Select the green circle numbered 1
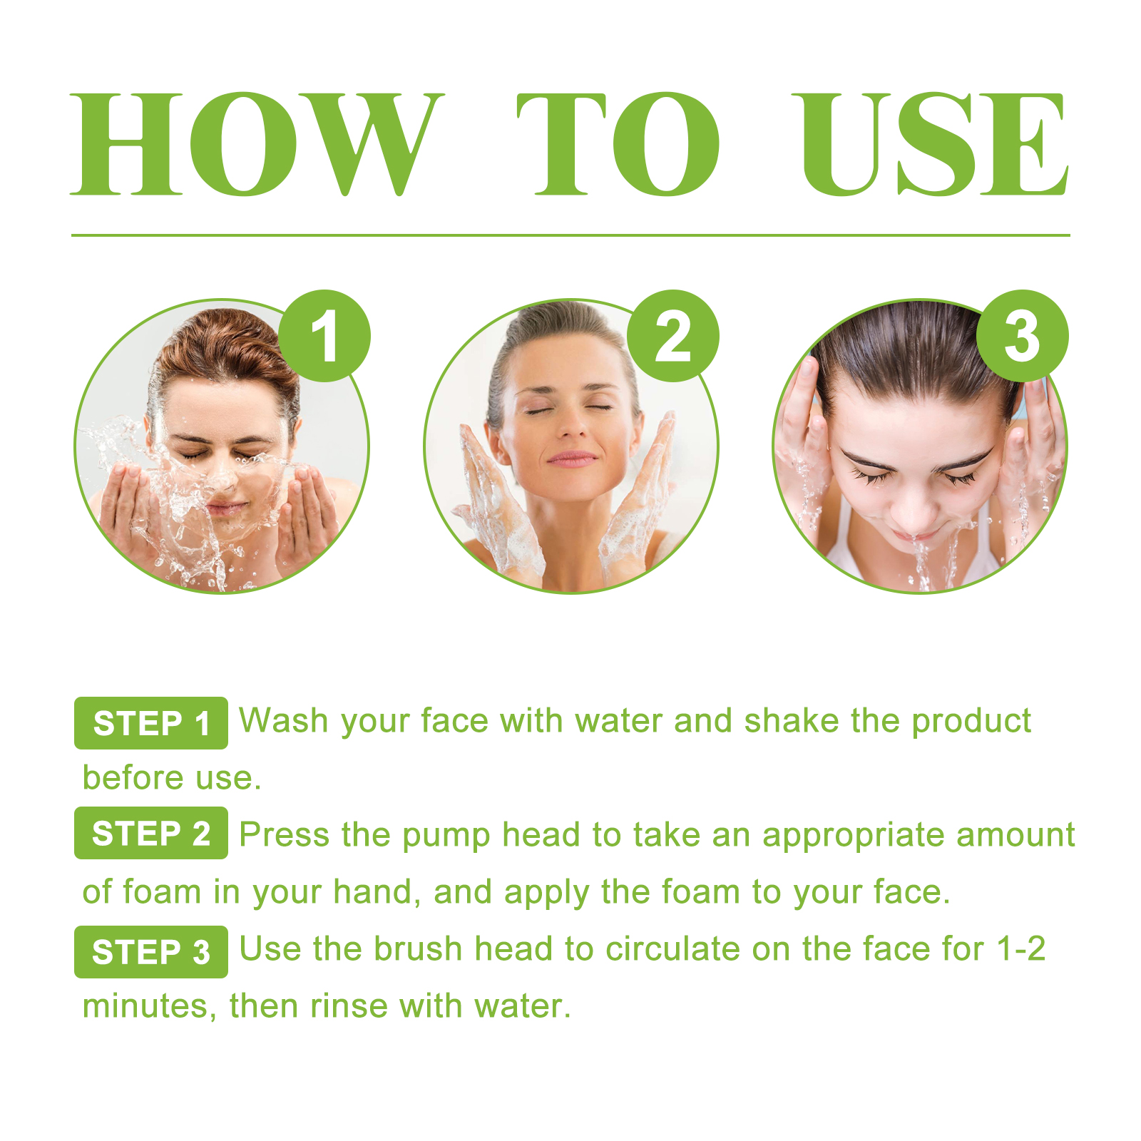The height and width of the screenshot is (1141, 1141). point(324,336)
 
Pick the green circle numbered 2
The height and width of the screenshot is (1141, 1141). point(673,336)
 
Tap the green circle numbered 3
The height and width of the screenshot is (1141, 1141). point(1022,336)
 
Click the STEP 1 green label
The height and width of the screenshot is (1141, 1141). point(151,723)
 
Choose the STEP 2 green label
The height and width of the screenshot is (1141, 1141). point(151,833)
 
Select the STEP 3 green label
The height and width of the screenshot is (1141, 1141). point(151,952)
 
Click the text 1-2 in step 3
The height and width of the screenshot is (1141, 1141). point(1020,949)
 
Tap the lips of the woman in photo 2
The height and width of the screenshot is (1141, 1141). point(571,459)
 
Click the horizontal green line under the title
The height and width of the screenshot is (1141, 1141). point(570,235)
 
